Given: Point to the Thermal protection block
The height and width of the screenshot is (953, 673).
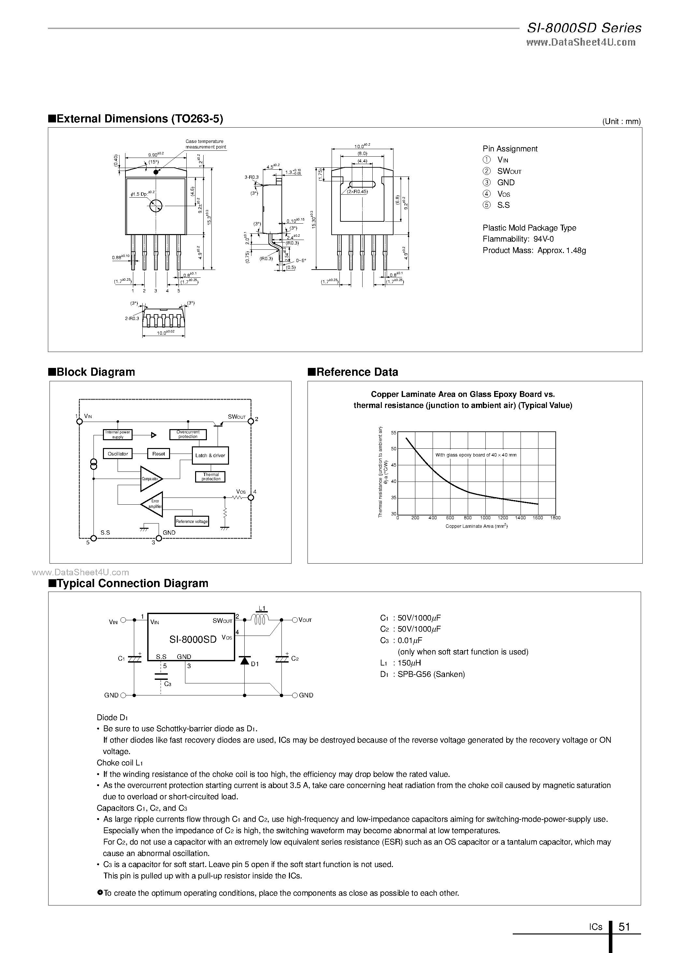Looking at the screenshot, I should pyautogui.click(x=210, y=477).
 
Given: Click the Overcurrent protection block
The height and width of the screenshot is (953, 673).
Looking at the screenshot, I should pyautogui.click(x=188, y=434).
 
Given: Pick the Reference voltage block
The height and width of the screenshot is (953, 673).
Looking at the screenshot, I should pyautogui.click(x=192, y=521).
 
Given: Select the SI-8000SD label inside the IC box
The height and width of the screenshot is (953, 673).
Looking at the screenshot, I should pyautogui.click(x=193, y=639).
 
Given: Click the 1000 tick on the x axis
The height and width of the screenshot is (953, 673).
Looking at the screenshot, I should pyautogui.click(x=485, y=518).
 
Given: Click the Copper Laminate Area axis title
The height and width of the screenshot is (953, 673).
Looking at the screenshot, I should pyautogui.click(x=476, y=526).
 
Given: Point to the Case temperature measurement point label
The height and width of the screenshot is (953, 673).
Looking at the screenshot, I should pyautogui.click(x=205, y=144).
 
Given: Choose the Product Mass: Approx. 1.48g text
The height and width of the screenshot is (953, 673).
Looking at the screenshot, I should pyautogui.click(x=534, y=250).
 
